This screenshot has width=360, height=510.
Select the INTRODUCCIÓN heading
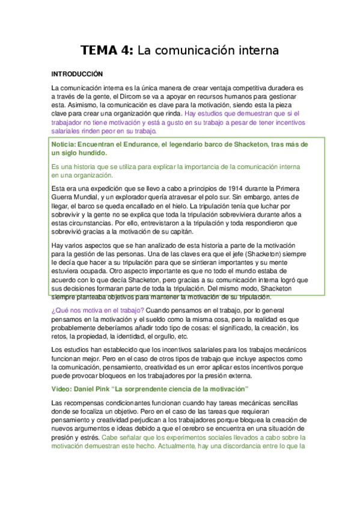tap(78, 75)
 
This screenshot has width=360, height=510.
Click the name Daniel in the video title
tap(89, 389)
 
